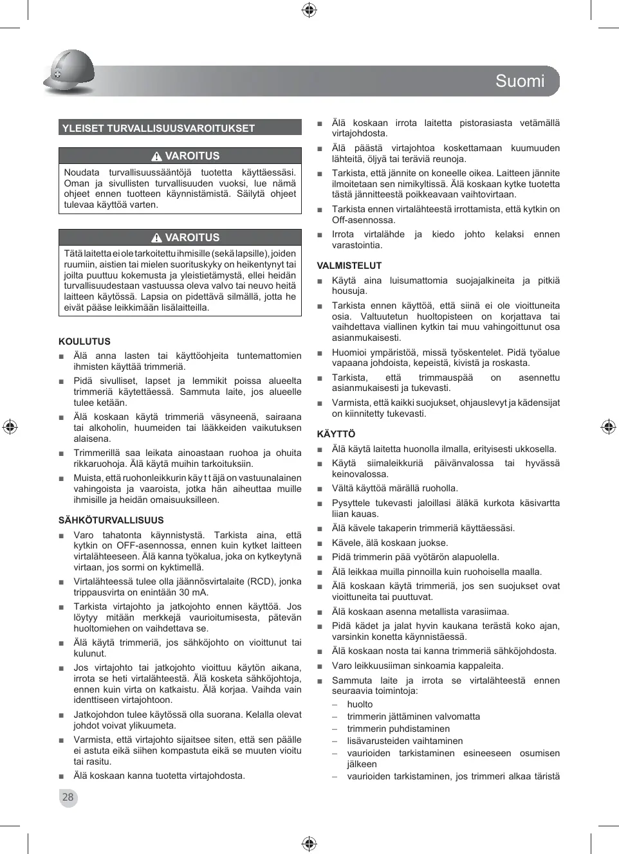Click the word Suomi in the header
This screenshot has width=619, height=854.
pos(519,81)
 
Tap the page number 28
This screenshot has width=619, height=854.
pos(68,797)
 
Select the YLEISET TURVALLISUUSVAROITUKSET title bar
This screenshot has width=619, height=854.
pos(180,128)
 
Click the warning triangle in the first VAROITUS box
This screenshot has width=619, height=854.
pos(156,156)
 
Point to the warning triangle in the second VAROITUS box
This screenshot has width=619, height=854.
pos(156,238)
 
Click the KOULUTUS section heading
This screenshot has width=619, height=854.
pos(84,341)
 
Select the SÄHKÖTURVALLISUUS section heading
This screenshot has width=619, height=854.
pos(111,520)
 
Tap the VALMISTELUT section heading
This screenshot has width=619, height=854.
pos(349,266)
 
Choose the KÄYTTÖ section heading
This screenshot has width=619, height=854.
pos(336,434)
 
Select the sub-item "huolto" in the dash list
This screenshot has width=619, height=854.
pos(360,704)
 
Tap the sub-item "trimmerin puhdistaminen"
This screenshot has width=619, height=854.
pos(398,729)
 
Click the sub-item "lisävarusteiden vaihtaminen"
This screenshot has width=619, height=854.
pos(405,741)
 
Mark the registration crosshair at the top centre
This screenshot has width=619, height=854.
pos(309,10)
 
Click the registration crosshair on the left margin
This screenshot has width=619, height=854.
pos(10,426)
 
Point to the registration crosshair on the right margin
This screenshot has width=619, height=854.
pos(608,426)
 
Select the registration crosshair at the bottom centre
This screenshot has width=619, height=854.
pos(309,843)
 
